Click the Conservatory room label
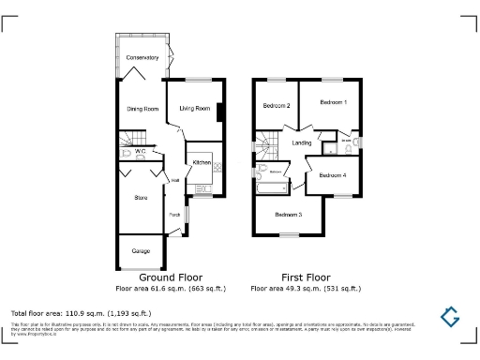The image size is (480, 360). tap(142, 58)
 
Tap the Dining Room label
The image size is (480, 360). tap(142, 109)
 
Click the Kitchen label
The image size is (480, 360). tap(202, 162)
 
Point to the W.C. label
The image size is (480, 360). tap(139, 150)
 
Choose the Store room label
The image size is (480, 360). tap(142, 198)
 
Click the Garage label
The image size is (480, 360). tap(141, 250)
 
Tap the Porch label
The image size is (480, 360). tap(174, 216)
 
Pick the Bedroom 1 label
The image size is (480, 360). tap(333, 101)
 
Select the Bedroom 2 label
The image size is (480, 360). tap(276, 105)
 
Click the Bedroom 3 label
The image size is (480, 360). tap(289, 215)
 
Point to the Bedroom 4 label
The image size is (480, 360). tap(332, 175)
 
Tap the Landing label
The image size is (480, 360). tap(302, 142)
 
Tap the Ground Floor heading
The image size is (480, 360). tap(171, 277)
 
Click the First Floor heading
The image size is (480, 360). tap(306, 277)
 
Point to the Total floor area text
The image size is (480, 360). tap(81, 312)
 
